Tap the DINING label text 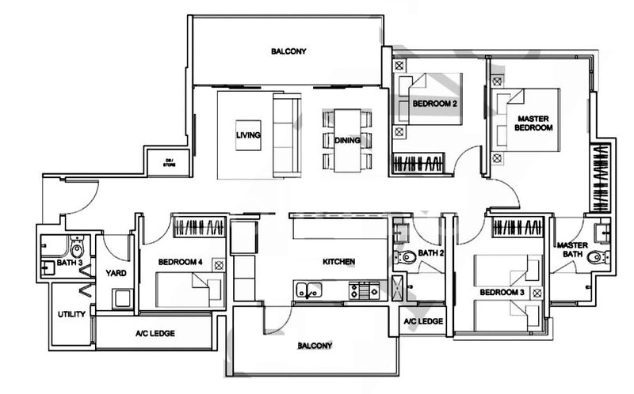pyautogui.click(x=347, y=140)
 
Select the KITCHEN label pyautogui.click(x=338, y=261)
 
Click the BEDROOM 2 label pyautogui.click(x=434, y=103)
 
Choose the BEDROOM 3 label pyautogui.click(x=501, y=293)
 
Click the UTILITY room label pyautogui.click(x=71, y=314)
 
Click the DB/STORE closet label pyautogui.click(x=169, y=163)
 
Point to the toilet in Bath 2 pyautogui.click(x=406, y=256)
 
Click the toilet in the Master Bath pyautogui.click(x=596, y=256)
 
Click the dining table pyautogui.click(x=347, y=140)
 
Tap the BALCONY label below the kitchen pyautogui.click(x=315, y=346)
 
